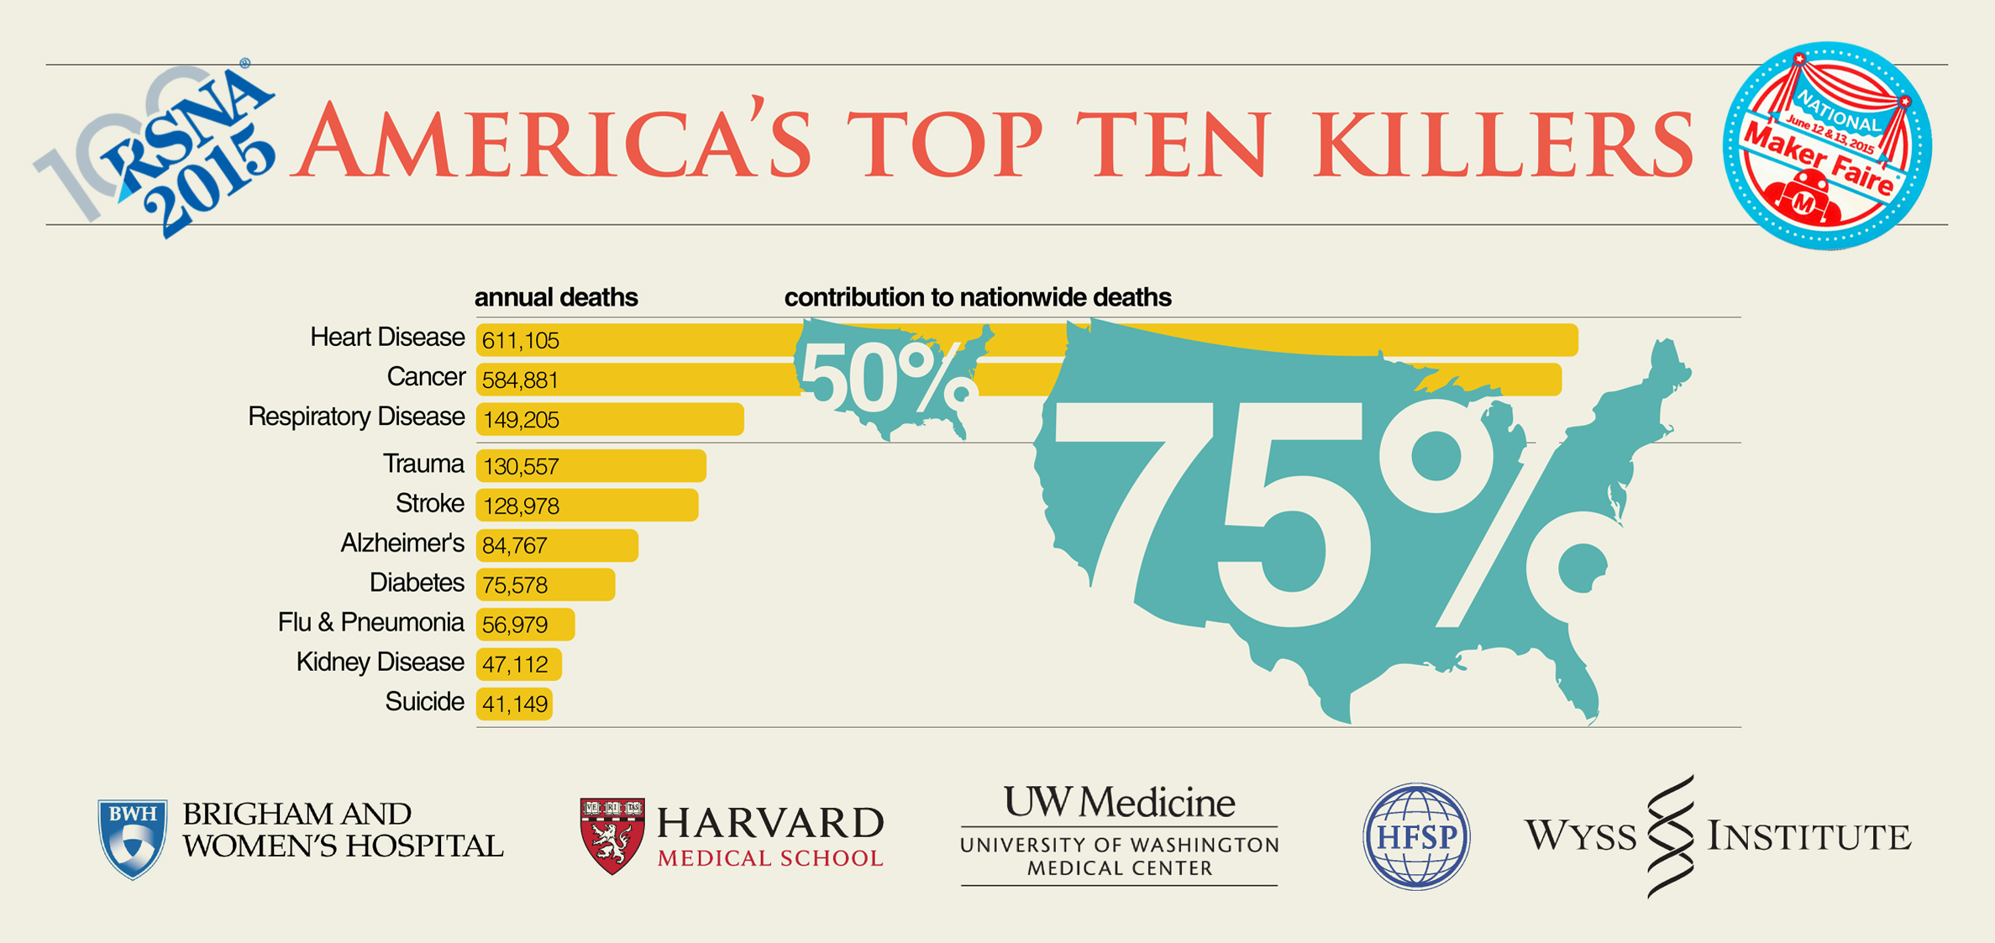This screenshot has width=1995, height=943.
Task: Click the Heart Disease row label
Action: click(387, 338)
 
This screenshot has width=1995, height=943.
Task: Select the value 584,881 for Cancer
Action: click(521, 380)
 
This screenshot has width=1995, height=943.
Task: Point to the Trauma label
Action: click(423, 464)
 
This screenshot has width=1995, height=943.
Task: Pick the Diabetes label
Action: click(417, 583)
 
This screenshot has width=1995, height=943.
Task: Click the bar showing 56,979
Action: click(525, 624)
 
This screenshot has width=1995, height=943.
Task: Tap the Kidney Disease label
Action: click(380, 663)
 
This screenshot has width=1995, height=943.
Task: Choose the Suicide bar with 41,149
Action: click(514, 703)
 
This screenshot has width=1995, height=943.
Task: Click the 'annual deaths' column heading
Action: click(556, 297)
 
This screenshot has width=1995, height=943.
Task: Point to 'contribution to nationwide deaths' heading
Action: click(978, 297)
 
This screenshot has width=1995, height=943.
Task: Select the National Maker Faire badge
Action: click(1827, 145)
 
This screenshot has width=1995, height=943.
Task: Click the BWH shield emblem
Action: click(132, 837)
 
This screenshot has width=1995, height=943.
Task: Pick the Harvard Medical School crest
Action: click(612, 835)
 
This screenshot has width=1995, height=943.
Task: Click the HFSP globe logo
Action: click(1416, 836)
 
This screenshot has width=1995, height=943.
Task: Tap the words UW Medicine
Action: click(1119, 803)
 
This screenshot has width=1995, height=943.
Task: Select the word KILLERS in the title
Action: click(1504, 143)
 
